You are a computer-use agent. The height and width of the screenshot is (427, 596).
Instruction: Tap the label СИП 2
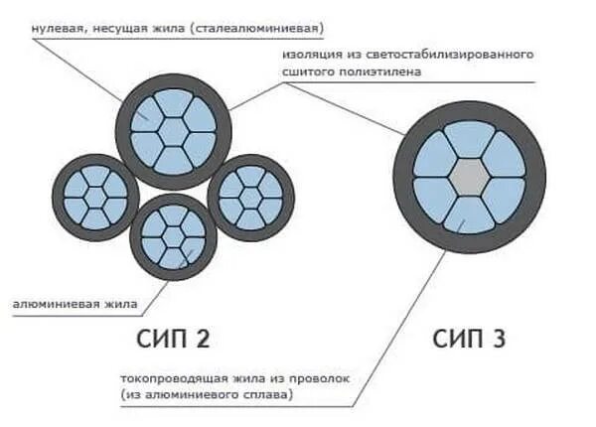pos(173,339)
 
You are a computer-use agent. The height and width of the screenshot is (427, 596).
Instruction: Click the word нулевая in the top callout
pos(58,28)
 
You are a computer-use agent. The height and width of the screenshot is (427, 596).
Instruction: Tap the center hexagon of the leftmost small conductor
pos(96,196)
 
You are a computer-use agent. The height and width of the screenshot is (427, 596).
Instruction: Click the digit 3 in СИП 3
pos(498,339)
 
